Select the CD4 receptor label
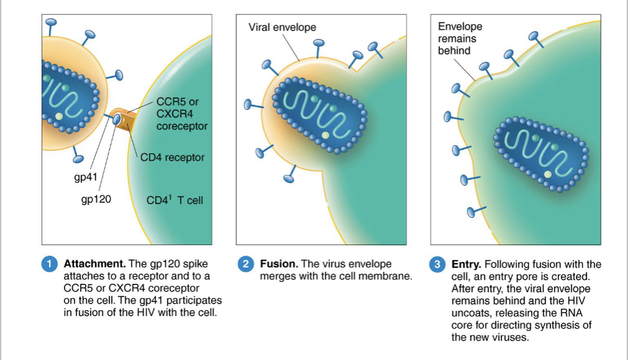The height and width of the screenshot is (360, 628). point(172,157)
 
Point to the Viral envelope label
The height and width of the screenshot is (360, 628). point(282,27)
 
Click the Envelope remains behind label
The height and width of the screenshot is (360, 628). point(459,38)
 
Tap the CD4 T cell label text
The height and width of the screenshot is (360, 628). point(174,200)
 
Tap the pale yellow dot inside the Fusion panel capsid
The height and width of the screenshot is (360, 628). point(325,134)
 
